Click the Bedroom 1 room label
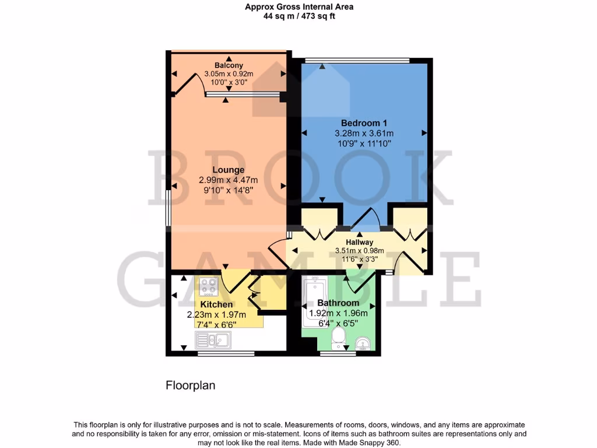click(364, 123)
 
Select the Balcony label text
click(228, 65)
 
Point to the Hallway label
click(359, 242)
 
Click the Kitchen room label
click(216, 304)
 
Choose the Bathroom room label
click(338, 303)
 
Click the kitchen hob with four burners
click(209, 286)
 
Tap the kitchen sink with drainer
click(213, 340)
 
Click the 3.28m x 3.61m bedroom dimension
click(364, 133)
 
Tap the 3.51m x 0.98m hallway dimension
click(359, 251)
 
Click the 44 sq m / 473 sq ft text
click(298, 16)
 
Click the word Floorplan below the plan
click(191, 386)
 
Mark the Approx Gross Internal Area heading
click(298, 7)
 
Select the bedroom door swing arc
click(367, 216)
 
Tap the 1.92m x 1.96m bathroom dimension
click(338, 313)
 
